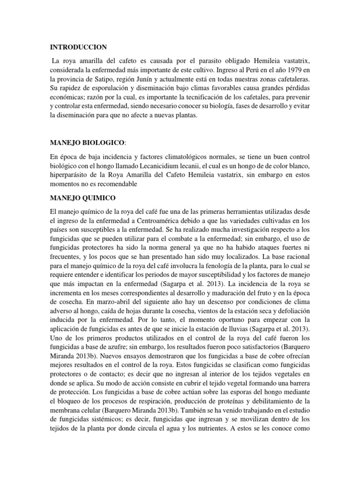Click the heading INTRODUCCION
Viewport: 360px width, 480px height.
[79, 47]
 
